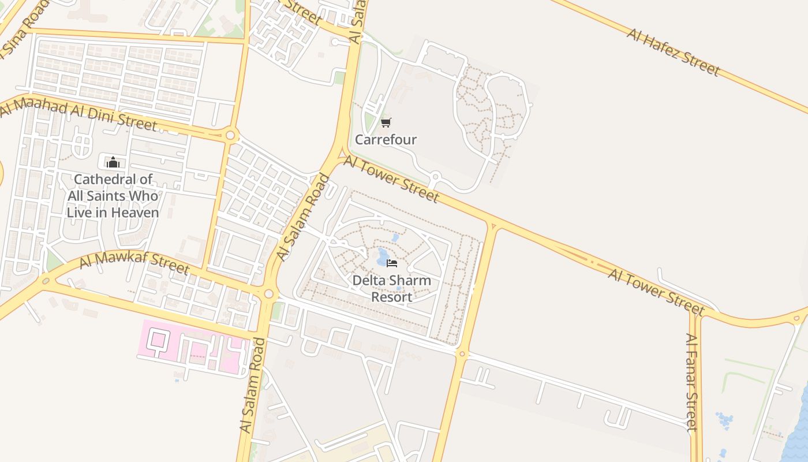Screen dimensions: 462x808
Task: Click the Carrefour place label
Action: click(x=386, y=140)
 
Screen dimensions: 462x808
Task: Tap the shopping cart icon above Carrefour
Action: click(x=386, y=122)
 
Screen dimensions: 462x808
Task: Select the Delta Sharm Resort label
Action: click(x=392, y=289)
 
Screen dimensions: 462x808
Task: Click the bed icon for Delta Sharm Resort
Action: click(x=392, y=263)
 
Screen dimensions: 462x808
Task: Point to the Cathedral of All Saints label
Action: click(x=113, y=196)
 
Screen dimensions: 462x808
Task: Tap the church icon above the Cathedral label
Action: click(x=113, y=162)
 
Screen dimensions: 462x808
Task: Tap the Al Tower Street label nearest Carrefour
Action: click(x=392, y=179)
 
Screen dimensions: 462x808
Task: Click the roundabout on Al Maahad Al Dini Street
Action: click(x=231, y=136)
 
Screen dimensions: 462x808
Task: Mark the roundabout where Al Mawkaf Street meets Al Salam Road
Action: click(x=268, y=294)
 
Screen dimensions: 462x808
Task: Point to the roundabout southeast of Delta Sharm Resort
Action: click(x=461, y=353)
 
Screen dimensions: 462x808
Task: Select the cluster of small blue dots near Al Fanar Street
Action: click(x=724, y=420)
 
